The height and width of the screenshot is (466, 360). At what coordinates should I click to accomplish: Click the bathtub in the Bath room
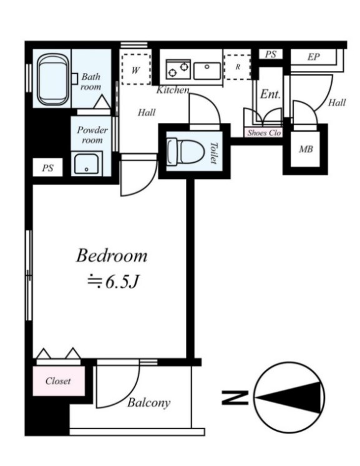click(53, 79)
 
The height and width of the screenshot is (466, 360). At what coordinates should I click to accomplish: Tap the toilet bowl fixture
click(185, 152)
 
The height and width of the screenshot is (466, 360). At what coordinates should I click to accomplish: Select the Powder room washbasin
click(86, 163)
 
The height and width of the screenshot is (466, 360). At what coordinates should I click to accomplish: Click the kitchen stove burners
click(178, 69)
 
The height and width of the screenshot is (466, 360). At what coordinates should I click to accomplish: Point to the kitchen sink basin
click(207, 70)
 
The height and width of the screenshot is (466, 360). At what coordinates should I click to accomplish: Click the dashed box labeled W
click(136, 69)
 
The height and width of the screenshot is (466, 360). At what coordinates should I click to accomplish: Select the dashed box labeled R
click(238, 67)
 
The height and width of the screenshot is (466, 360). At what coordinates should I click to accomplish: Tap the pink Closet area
click(59, 381)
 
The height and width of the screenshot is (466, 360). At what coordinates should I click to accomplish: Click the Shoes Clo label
click(264, 133)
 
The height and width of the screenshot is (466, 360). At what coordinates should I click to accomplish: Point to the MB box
click(305, 149)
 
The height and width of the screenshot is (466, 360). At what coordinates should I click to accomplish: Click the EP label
click(313, 57)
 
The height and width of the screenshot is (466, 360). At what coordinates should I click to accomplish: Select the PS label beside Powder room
click(47, 168)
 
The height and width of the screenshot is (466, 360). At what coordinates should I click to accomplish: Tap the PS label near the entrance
click(271, 54)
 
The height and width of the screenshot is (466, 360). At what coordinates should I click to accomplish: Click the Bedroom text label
click(112, 256)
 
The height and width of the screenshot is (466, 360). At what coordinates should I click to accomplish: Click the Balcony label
click(149, 403)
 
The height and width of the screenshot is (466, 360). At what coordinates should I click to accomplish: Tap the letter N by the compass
click(235, 397)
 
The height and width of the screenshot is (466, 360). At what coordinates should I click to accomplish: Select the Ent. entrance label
click(270, 94)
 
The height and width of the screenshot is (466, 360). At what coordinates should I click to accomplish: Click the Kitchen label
click(173, 90)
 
